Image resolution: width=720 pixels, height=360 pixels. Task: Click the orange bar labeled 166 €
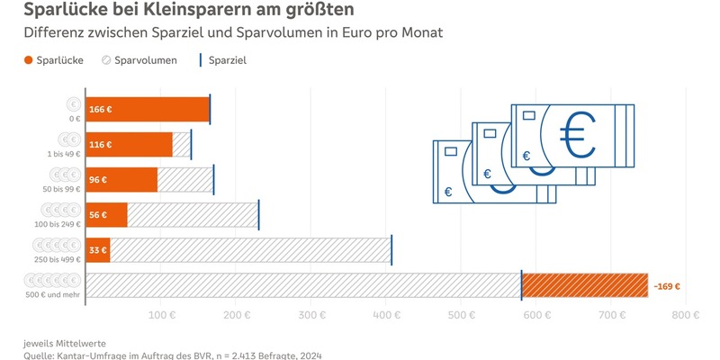(148, 110)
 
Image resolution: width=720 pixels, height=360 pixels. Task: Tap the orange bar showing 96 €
(121, 179)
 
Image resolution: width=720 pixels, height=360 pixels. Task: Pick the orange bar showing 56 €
(106, 215)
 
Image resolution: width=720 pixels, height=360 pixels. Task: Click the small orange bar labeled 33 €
(97, 250)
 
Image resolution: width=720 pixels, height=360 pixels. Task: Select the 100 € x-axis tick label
(162, 315)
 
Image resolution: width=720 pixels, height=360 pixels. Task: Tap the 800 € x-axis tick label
(687, 315)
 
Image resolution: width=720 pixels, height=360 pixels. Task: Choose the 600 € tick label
(537, 315)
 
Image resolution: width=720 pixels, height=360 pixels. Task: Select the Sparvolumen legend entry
(139, 60)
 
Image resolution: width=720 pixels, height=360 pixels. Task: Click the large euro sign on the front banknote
(576, 131)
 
